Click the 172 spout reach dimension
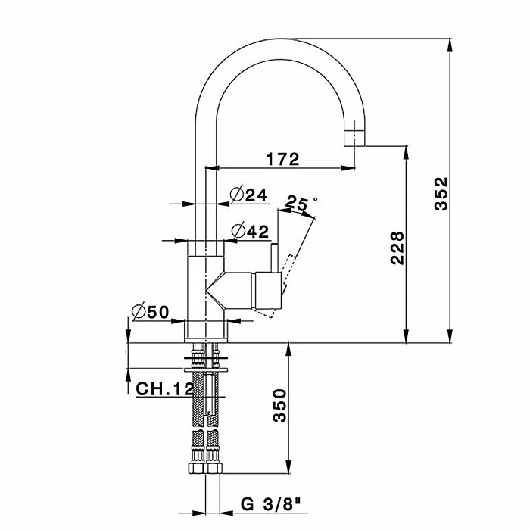(x=282, y=159)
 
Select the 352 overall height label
(x=441, y=193)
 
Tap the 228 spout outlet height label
(x=397, y=248)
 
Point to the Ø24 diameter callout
(x=248, y=194)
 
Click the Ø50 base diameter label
(x=151, y=311)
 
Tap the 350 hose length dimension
(x=279, y=405)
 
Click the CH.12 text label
(x=164, y=388)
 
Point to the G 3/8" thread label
(x=270, y=504)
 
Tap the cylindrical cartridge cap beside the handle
(x=268, y=291)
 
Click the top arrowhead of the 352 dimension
(x=450, y=45)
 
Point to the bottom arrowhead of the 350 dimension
(x=288, y=466)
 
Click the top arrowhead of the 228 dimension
(x=407, y=152)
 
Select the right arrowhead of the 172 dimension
(x=348, y=167)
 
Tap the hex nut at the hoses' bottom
(x=205, y=468)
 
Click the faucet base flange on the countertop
(x=206, y=340)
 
